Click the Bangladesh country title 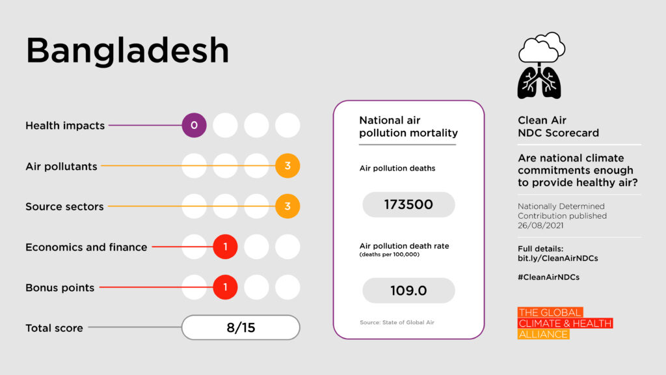click(x=127, y=51)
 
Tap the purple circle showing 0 click(x=194, y=125)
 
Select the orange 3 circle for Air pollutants click(x=287, y=166)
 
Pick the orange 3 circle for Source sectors click(x=287, y=206)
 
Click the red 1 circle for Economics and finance click(x=225, y=247)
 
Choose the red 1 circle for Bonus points click(x=225, y=287)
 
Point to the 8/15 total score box click(x=241, y=327)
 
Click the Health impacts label click(x=65, y=126)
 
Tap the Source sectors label click(x=64, y=206)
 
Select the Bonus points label click(x=60, y=288)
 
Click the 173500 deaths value click(x=408, y=204)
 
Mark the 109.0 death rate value click(x=408, y=290)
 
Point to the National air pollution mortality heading click(x=408, y=127)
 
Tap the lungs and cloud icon click(x=540, y=66)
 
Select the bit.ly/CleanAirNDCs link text click(x=557, y=258)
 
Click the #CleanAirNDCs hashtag click(x=548, y=277)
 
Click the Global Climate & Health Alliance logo click(x=565, y=324)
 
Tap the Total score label click(x=54, y=328)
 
